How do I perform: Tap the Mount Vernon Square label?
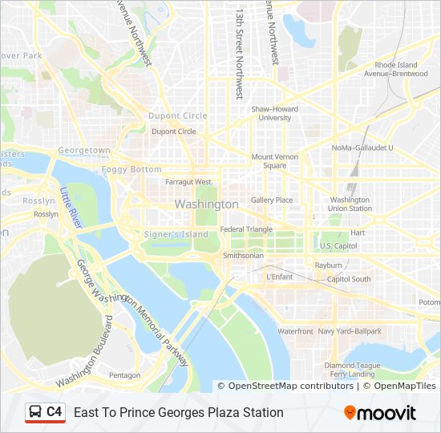tap(269, 161)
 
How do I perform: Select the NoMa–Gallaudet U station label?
tap(362, 148)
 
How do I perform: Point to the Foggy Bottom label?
tap(131, 169)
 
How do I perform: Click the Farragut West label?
tap(188, 182)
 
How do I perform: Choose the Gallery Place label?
tap(272, 200)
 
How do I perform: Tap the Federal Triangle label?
tap(247, 229)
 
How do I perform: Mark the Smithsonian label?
tap(243, 256)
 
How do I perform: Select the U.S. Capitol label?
tap(338, 246)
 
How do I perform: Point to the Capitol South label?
tap(349, 279)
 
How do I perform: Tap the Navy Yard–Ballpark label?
tap(350, 331)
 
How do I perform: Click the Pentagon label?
tap(124, 374)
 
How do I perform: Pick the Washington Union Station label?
tap(350, 204)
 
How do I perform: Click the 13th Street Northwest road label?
tap(239, 53)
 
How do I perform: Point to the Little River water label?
tap(71, 208)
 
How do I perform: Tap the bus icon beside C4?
tap(36, 412)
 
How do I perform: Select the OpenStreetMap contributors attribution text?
tap(291, 386)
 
